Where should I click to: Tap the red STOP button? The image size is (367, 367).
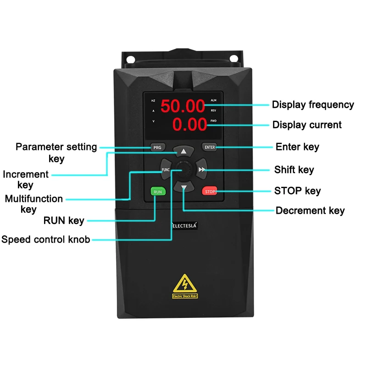210,191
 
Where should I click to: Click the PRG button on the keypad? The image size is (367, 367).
157,148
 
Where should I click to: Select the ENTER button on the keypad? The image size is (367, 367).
210,147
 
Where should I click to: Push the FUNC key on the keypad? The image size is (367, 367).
166,170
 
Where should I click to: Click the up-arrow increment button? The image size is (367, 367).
183,151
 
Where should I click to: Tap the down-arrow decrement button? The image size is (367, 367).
183,188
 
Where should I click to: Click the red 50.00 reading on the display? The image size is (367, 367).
182,106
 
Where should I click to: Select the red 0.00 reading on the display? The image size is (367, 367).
189,124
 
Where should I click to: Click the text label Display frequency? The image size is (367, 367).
313,105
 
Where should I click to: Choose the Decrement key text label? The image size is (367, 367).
310,211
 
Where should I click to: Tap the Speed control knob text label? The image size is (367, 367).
45,239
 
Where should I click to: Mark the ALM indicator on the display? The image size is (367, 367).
213,100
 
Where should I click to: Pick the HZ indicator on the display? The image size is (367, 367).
153,100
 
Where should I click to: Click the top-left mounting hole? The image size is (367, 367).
130,59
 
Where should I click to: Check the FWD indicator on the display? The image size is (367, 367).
213,121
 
